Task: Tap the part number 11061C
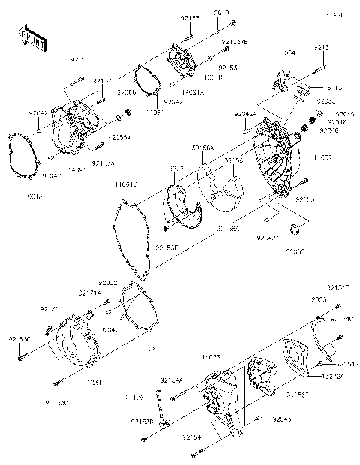pos(125,183)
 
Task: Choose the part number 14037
pos(324,157)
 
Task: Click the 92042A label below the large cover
pos(268,237)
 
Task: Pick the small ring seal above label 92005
pos(295,227)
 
